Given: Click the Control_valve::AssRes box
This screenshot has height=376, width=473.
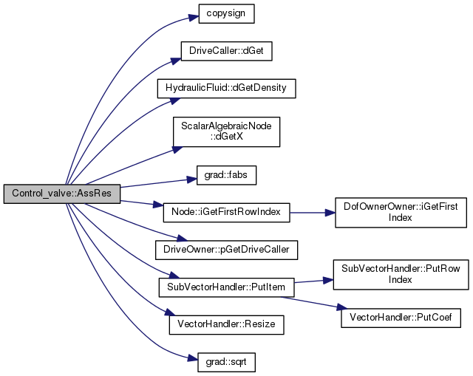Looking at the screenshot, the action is click(62, 194).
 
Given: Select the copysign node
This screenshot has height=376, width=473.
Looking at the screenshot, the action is click(226, 13).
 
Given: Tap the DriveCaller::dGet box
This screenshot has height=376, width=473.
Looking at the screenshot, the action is click(226, 51).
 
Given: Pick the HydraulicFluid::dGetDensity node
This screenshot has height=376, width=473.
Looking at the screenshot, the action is click(226, 89).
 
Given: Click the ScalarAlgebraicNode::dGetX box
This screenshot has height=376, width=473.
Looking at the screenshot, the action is click(226, 131).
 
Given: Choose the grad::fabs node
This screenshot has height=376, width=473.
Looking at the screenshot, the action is click(226, 175).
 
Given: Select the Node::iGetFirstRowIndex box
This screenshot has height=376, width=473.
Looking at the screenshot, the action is click(226, 213).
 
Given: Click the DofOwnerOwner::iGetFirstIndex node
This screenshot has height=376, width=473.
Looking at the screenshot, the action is click(401, 213).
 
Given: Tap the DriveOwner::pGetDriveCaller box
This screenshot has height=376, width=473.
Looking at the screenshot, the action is click(226, 250).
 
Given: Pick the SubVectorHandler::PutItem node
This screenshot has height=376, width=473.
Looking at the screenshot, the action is click(226, 287).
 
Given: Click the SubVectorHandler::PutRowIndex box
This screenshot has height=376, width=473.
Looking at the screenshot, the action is click(401, 275).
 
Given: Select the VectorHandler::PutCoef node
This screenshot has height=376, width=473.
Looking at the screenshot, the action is click(401, 318).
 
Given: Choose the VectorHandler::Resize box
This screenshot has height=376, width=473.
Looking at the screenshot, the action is click(226, 325).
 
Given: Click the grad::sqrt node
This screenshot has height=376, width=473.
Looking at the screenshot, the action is click(226, 362).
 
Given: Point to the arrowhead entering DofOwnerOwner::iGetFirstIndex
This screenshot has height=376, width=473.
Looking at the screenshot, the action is click(330, 213).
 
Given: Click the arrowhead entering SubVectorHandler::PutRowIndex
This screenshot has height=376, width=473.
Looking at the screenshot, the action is click(328, 281).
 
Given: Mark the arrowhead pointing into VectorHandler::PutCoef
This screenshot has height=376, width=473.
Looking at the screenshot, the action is click(342, 307).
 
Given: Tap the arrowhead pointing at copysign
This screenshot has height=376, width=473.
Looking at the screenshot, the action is click(194, 18).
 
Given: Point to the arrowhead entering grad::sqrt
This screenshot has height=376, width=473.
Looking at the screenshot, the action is click(193, 358).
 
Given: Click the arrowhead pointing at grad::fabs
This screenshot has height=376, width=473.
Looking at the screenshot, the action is click(192, 180).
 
